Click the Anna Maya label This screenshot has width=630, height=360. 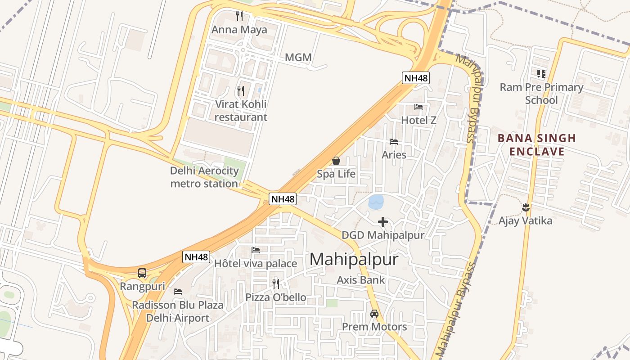[x=239, y=30]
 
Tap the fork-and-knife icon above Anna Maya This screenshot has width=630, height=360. [x=239, y=16]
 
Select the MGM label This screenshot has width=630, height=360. [x=298, y=58]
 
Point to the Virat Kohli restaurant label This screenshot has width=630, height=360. [x=241, y=111]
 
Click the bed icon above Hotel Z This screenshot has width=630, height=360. [x=418, y=107]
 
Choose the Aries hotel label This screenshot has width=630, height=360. [x=394, y=155]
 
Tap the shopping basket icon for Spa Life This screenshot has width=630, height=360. [x=336, y=161]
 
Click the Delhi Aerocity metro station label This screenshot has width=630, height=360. [x=204, y=177]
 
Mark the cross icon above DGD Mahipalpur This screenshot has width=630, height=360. [x=383, y=222]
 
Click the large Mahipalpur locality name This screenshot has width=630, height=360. [x=354, y=260]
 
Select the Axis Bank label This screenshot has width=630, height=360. [x=361, y=280]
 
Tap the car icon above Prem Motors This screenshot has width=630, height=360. [x=374, y=313]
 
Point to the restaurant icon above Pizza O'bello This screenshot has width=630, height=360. [x=276, y=283]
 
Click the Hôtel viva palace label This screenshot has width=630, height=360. [x=256, y=263]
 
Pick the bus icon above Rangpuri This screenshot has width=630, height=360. [x=142, y=273]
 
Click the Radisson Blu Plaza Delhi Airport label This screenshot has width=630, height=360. [x=177, y=311]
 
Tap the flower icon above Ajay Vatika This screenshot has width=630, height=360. [x=525, y=207]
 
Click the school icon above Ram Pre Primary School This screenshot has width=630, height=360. [x=541, y=73]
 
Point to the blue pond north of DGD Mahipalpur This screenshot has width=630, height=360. [x=376, y=202]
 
